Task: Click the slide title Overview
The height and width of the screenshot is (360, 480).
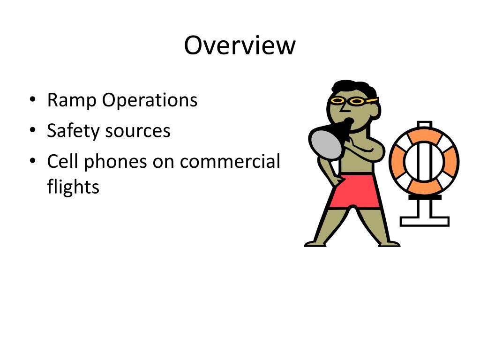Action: [x=240, y=46]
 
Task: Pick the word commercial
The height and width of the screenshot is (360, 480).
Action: [x=230, y=161]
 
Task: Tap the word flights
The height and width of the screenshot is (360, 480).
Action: [x=73, y=187]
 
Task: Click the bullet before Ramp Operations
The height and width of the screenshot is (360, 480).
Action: [x=32, y=100]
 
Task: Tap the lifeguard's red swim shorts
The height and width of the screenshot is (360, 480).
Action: [x=354, y=191]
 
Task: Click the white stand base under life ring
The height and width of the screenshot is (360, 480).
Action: [x=424, y=220]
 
